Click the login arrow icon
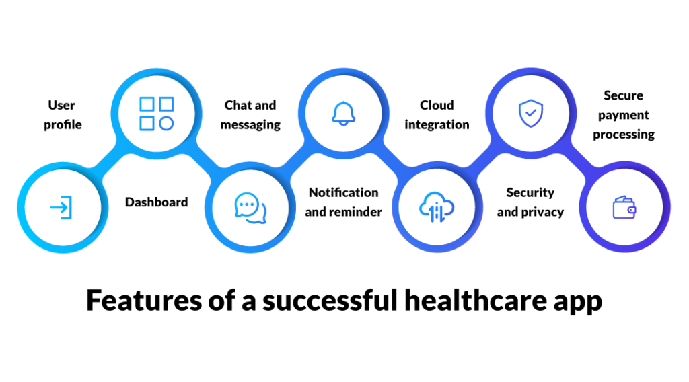61,208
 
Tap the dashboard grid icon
157,114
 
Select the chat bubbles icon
250,208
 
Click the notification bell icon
343,114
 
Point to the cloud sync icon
437,208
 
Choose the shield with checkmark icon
530,114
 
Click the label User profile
63,115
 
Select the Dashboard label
156,202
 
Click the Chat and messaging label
250,115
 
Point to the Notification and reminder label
343,202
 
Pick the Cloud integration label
437,115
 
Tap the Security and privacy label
530,202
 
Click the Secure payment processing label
623,115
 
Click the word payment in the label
623,115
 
